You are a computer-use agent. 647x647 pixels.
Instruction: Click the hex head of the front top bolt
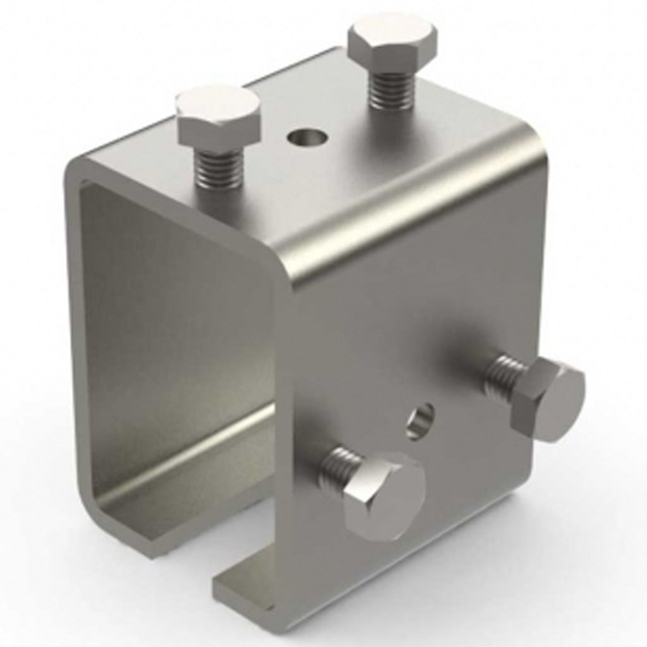218,116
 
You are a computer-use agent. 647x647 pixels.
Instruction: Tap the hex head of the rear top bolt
392,42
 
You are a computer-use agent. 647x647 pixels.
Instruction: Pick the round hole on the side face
420,421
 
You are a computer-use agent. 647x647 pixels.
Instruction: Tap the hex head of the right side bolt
547,398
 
